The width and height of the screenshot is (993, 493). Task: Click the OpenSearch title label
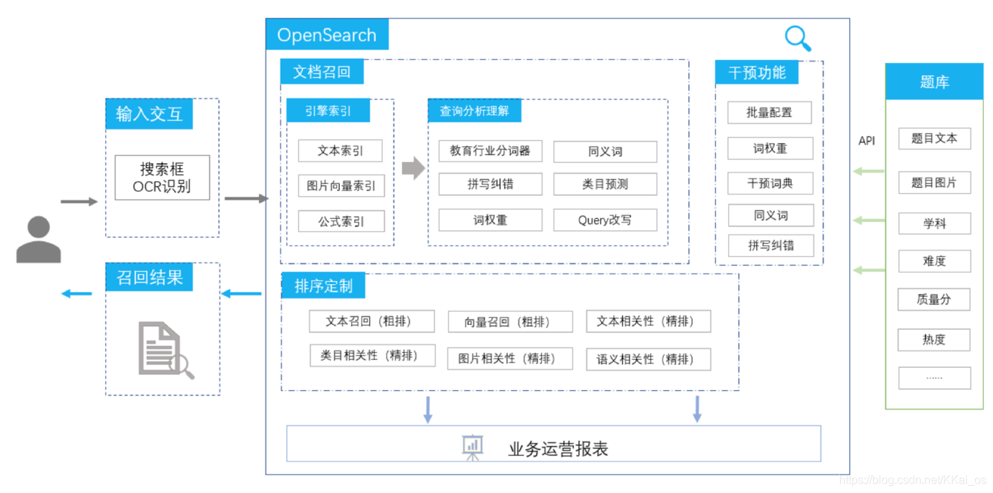[327, 35]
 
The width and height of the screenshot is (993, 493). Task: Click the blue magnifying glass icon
[797, 38]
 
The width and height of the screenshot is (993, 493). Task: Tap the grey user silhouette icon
[39, 240]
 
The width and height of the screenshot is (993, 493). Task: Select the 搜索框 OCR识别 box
[162, 178]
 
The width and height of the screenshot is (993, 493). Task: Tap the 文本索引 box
[341, 151]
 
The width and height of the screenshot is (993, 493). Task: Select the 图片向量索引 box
[341, 186]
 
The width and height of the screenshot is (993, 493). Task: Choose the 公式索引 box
[341, 221]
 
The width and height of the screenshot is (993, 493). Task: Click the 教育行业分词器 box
[490, 151]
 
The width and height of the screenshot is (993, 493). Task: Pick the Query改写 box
[605, 220]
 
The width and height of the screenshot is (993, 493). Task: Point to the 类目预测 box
[605, 185]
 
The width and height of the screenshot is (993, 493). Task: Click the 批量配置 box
[770, 113]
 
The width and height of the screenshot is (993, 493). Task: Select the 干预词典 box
[770, 183]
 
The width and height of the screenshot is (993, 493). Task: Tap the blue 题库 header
[934, 82]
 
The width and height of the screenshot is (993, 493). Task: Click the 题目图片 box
[934, 183]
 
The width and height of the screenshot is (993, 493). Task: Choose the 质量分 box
[934, 300]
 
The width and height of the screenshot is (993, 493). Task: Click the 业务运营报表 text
[558, 449]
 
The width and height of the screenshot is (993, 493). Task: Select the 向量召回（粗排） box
[510, 322]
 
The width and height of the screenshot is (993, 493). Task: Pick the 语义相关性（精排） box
[648, 359]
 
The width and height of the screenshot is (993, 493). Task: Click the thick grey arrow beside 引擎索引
[413, 169]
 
